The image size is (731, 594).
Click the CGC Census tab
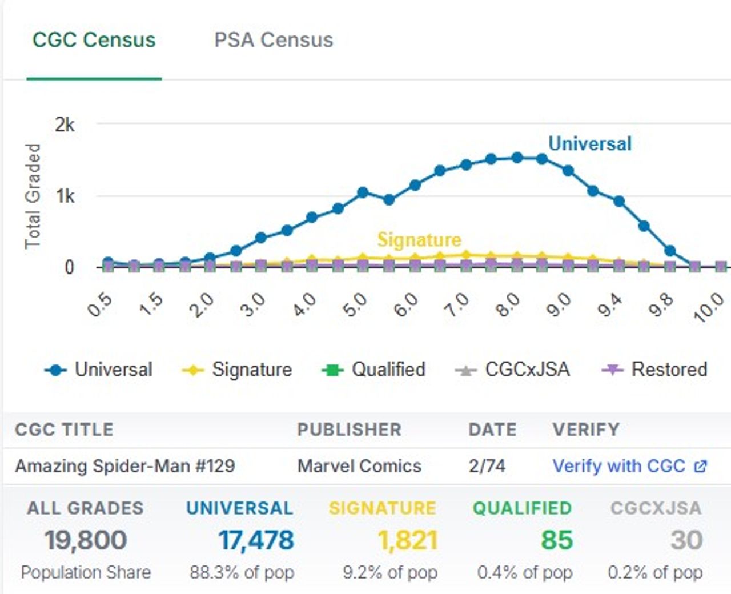(94, 40)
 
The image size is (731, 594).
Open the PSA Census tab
(274, 40)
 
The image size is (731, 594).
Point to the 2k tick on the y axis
(65, 124)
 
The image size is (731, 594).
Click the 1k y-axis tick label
(65, 196)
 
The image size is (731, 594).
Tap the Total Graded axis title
(33, 196)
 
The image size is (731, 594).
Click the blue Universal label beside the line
(590, 143)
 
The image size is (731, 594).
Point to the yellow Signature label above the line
(419, 239)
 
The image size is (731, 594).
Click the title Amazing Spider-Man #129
(125, 466)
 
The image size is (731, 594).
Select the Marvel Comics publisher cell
(359, 466)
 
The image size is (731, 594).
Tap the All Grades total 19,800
(86, 540)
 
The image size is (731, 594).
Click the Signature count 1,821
(408, 540)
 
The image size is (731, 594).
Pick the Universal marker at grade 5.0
(363, 192)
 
